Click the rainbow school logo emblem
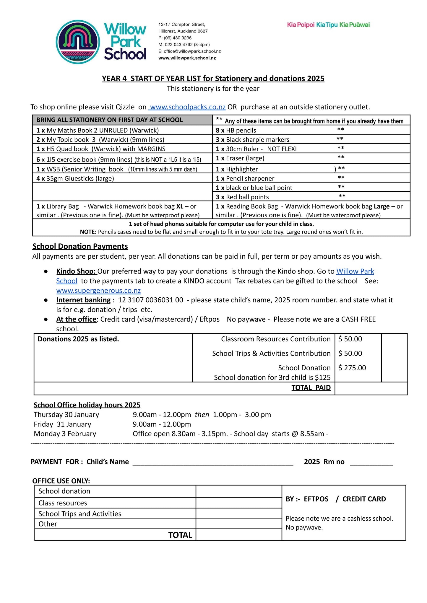tap(78, 42)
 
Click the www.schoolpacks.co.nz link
tap(188, 107)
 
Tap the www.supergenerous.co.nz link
tap(98, 291)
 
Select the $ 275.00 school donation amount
tap(352, 368)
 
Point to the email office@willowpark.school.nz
tap(192, 51)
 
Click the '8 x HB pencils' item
tap(236, 130)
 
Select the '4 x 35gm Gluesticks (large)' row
tap(75, 178)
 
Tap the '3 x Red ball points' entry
tap(242, 197)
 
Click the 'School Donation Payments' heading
tap(80, 246)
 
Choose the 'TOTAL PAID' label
tap(311, 388)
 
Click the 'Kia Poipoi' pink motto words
tap(301, 25)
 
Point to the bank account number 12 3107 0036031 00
tap(150, 300)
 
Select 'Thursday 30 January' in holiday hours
tap(66, 415)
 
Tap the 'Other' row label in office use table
tap(48, 524)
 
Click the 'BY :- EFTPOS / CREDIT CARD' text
tap(336, 499)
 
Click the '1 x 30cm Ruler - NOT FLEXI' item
tap(256, 149)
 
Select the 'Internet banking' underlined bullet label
tap(83, 300)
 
